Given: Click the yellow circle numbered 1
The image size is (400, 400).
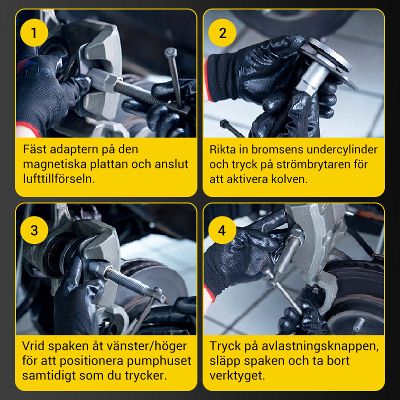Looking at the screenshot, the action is point(34,32).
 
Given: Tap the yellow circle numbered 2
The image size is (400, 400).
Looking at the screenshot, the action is point(222,32).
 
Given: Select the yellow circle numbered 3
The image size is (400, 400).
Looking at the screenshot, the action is point(34,230).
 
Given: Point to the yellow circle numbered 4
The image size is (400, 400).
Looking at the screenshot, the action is point(222,230).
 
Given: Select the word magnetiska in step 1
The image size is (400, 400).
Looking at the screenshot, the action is point(55,164).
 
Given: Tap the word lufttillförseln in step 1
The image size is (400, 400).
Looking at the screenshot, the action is point(59,178).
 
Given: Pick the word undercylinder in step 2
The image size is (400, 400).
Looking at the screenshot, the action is point(342,149).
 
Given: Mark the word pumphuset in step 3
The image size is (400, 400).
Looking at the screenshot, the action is point(159,360).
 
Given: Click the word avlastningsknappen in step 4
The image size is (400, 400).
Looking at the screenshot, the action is point(320,346).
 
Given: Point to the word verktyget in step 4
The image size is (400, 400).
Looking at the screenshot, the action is point(237,375).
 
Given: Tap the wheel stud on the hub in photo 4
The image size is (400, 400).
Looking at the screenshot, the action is point(358,323).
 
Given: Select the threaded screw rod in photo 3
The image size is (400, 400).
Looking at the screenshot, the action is point(127,280).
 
